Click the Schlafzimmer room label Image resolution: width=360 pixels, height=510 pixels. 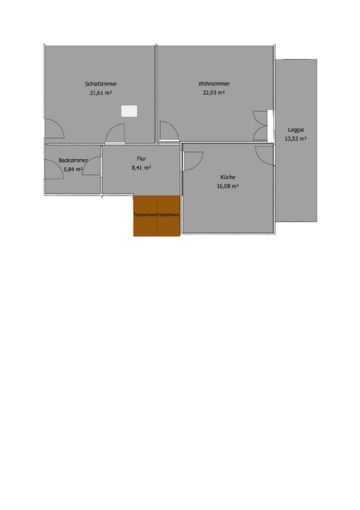click(101, 84)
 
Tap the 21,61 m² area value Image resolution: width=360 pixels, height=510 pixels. click(100, 93)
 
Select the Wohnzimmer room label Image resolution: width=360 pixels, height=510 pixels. click(214, 84)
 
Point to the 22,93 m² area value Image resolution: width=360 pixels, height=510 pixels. click(214, 93)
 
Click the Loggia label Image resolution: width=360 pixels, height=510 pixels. click(296, 130)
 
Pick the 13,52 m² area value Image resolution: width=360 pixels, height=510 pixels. click(296, 138)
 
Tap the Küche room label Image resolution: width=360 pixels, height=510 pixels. click(228, 177)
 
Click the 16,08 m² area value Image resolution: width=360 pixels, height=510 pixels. click(228, 187)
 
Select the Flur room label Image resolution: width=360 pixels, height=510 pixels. click(142, 159)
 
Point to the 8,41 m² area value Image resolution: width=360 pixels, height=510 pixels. click(141, 168)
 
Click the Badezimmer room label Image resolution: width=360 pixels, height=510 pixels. click(73, 161)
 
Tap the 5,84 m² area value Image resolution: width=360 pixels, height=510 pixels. click(73, 169)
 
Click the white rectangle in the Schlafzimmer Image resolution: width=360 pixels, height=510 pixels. click(129, 111)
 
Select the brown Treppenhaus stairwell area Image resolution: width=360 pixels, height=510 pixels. click(157, 216)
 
